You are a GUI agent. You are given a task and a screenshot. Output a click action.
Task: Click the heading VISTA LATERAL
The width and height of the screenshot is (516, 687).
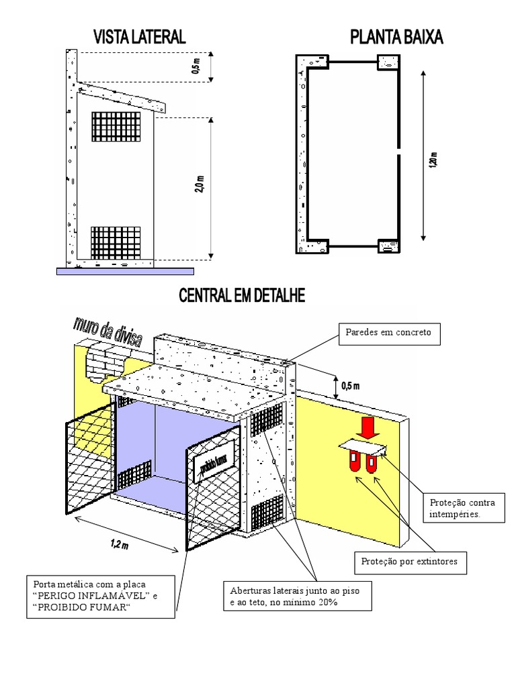[x=139, y=38]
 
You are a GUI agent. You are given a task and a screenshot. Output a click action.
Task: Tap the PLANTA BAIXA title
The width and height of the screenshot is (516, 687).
[x=396, y=38]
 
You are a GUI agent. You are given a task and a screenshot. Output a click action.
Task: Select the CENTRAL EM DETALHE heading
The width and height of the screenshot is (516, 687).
[x=241, y=296]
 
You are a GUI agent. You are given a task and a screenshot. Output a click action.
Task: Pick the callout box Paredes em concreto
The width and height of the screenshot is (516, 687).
[x=389, y=333]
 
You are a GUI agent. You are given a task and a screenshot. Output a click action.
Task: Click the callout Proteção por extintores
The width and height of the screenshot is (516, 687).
[x=410, y=562]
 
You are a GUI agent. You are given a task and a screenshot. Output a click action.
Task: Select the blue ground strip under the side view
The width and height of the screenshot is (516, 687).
[x=126, y=271]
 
